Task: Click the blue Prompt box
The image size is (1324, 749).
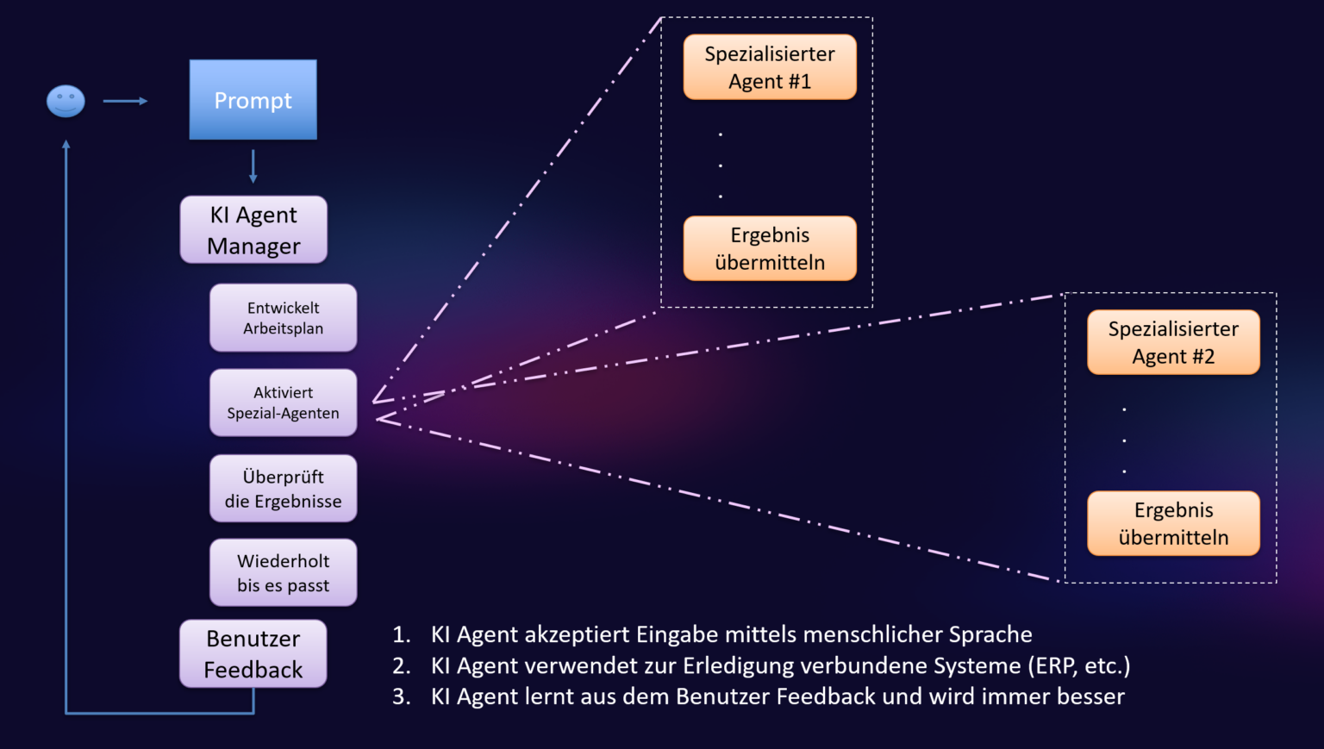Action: point(253,99)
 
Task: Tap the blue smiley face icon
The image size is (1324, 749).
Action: point(66,101)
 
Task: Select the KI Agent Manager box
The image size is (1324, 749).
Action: point(253,230)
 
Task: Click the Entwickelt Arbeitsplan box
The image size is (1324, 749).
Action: point(283,318)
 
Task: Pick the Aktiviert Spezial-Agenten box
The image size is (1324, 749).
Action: point(283,403)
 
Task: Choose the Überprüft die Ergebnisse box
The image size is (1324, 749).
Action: point(283,489)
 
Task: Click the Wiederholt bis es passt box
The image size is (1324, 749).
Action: point(283,572)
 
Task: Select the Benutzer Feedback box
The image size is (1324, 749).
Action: point(253,654)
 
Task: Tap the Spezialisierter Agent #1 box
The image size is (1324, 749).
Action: point(770,67)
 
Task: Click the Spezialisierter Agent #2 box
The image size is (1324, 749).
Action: point(1173,342)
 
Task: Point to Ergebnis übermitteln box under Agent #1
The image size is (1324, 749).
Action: point(770,248)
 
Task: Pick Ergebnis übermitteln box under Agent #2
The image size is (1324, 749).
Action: point(1173,524)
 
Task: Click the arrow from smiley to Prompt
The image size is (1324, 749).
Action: point(125,101)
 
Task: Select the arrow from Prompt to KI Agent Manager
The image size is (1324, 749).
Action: point(253,166)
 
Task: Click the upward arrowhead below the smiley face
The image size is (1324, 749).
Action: point(66,144)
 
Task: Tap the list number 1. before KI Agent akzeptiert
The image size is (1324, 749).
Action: point(402,634)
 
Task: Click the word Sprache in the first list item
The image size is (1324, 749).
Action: point(990,634)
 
